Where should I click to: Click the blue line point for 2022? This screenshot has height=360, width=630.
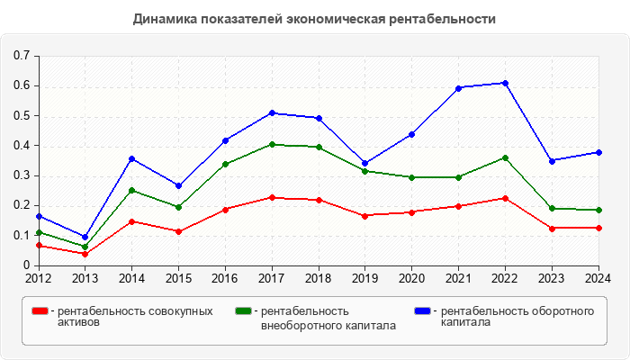(x=505, y=83)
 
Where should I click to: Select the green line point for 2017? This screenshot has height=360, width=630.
(x=272, y=144)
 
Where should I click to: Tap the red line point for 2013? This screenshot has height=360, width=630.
(x=85, y=254)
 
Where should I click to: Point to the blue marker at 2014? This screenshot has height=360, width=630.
(x=131, y=158)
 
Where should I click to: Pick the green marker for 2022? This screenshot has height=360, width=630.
(x=505, y=157)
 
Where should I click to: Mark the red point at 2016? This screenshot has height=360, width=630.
(x=225, y=209)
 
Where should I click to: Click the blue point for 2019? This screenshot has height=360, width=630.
(x=364, y=164)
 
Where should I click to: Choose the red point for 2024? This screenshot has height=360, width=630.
(x=598, y=228)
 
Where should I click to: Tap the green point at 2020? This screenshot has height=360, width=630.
(x=411, y=177)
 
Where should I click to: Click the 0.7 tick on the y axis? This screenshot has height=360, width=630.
(x=22, y=56)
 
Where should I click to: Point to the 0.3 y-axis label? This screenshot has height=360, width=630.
(x=22, y=175)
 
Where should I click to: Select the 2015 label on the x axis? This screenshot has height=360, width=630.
(x=178, y=278)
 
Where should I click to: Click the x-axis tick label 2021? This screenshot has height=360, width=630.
(x=458, y=278)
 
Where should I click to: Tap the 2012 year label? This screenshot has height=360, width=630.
(x=39, y=278)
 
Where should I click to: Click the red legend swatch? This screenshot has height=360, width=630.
(x=40, y=310)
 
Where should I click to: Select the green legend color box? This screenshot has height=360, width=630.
(x=243, y=310)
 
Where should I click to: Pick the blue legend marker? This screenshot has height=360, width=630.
(x=423, y=310)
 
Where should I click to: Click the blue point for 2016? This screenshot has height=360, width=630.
(x=225, y=140)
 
